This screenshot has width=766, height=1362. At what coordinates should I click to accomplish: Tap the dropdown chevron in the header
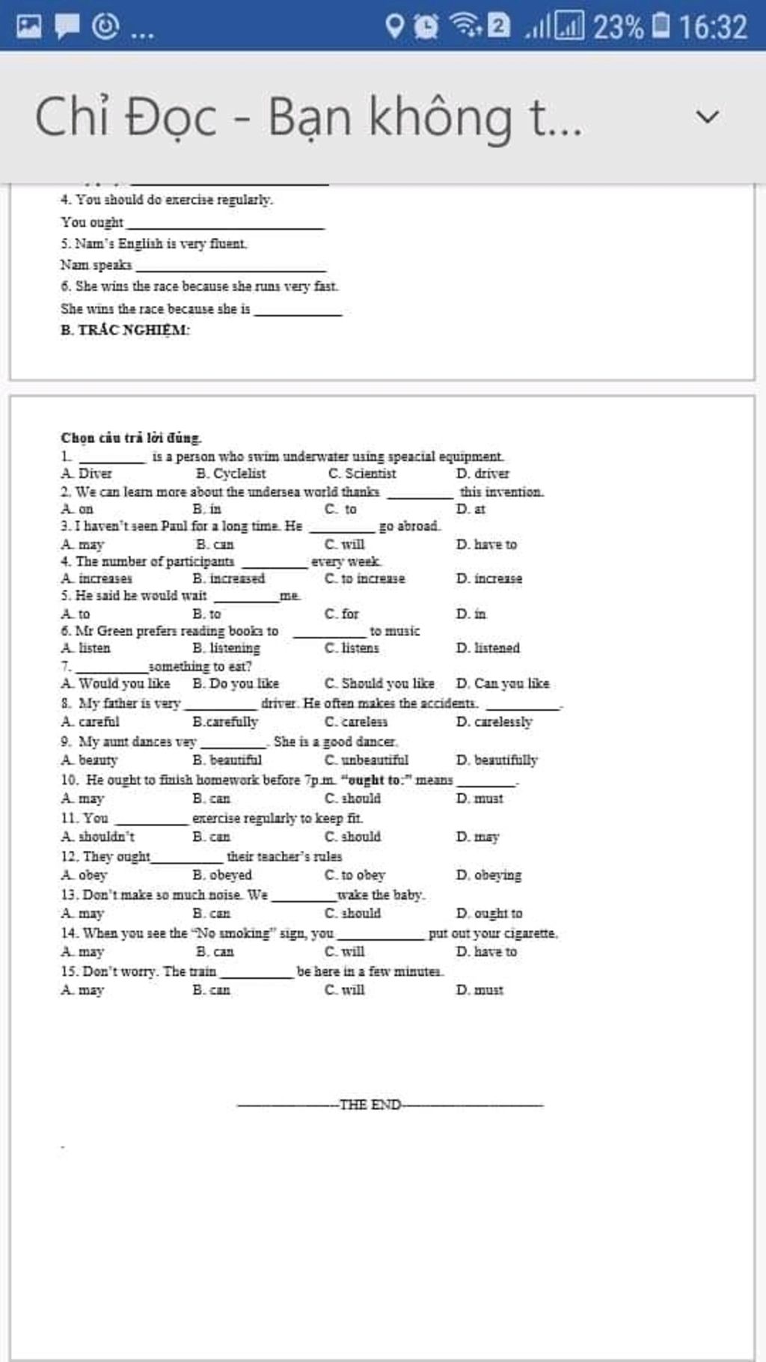(707, 117)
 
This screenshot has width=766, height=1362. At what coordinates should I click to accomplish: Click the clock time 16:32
(713, 27)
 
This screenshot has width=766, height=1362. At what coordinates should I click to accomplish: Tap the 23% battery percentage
(618, 27)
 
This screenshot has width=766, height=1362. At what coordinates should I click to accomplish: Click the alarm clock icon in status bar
(426, 26)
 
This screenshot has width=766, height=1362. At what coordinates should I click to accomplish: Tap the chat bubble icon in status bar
(67, 26)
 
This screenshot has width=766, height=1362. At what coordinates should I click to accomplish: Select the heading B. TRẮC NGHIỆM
(125, 330)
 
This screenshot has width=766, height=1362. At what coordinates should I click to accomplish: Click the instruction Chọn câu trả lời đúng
(131, 438)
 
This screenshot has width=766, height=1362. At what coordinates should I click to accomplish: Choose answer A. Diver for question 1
(87, 474)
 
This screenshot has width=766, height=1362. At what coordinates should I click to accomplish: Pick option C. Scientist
(362, 474)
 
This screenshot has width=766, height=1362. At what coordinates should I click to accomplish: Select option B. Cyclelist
(230, 474)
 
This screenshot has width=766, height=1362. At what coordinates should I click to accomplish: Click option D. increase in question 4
(489, 578)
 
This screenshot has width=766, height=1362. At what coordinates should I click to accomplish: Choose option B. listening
(226, 648)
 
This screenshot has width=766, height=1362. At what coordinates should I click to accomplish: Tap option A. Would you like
(116, 683)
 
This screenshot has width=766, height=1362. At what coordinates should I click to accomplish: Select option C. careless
(356, 722)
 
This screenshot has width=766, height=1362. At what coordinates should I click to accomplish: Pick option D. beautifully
(497, 760)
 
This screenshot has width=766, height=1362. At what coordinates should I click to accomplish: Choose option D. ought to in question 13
(489, 913)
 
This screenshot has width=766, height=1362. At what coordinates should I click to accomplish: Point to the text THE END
(370, 1105)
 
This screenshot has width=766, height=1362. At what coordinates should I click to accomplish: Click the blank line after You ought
(225, 224)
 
